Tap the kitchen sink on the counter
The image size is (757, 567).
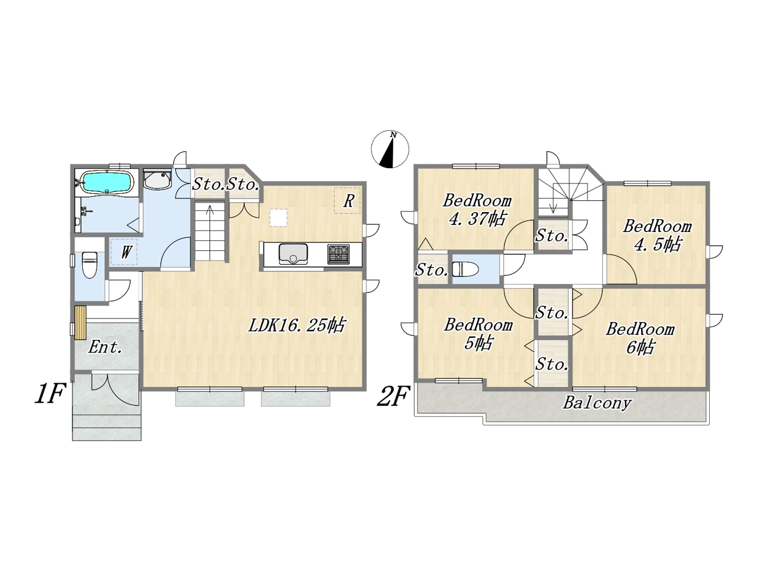(293, 254)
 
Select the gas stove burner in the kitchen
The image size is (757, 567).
(338, 254)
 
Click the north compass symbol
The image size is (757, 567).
(390, 149)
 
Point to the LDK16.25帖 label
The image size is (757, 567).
(296, 325)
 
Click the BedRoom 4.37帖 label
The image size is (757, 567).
(477, 209)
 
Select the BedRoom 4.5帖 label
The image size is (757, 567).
(657, 236)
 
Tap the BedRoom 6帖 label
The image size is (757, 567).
(640, 338)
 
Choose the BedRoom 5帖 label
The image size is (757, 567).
(478, 334)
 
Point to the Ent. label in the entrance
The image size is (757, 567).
(105, 347)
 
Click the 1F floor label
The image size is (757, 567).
(50, 395)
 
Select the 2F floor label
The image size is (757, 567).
(393, 396)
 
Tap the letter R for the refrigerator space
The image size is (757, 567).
(348, 201)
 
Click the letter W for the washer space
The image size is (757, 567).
(126, 252)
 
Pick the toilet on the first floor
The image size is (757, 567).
(89, 263)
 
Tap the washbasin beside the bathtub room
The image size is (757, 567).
(157, 179)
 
